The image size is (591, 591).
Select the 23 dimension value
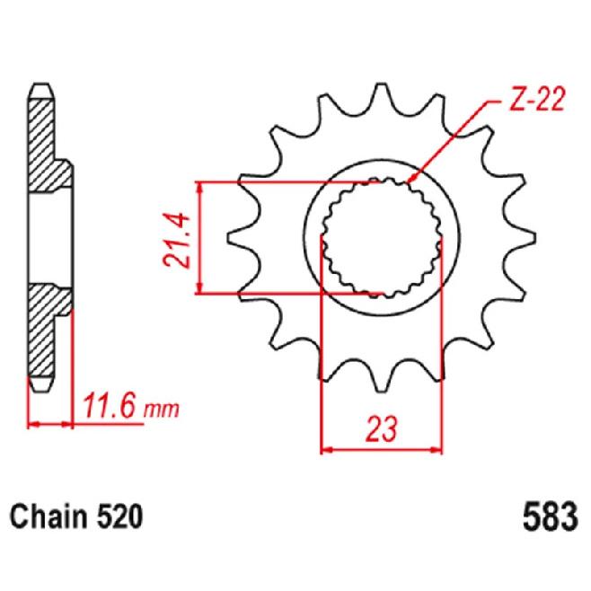pos(382,429)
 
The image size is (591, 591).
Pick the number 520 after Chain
pos(119,517)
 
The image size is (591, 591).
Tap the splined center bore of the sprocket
pos(382,238)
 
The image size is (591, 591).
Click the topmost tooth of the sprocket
pos(382,97)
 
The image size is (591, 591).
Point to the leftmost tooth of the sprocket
pos(241,238)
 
